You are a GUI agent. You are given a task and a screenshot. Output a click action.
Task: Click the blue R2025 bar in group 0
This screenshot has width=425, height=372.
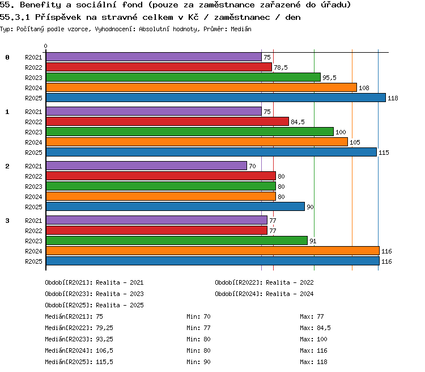coord(216,98)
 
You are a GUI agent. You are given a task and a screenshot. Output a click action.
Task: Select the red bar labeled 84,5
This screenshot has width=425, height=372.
coord(167,121)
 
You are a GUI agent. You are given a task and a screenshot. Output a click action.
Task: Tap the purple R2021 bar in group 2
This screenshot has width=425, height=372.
coord(146,166)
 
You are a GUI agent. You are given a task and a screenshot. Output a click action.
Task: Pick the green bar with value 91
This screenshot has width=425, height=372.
coord(177,240)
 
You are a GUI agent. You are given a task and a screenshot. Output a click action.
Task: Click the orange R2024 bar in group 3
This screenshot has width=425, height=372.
coord(212,251)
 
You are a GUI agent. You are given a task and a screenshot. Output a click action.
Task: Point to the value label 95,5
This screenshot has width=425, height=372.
coord(329,78)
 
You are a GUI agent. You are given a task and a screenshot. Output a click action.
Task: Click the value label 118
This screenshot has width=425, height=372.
coord(393,98)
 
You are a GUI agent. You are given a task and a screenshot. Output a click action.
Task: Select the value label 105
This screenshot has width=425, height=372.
coord(355,142)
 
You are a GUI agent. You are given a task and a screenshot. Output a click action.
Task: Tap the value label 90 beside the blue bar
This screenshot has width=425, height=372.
coord(310,207)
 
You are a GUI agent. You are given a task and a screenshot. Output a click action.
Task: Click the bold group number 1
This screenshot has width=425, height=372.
coord(7,112)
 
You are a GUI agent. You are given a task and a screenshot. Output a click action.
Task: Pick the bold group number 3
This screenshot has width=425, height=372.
coord(7,221)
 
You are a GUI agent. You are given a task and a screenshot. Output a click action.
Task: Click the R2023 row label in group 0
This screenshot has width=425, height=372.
coord(33,78)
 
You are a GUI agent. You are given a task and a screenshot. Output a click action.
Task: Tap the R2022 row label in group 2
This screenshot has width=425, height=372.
coord(33,176)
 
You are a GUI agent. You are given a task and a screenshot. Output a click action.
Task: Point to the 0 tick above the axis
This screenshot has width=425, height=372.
coord(45,46)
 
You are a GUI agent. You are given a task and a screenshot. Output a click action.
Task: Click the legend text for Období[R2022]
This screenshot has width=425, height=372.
coord(264,282)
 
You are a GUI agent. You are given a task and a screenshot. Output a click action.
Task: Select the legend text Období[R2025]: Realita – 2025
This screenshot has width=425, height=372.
coord(94,305)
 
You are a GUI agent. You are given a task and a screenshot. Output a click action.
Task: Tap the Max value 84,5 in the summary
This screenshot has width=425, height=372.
coord(324,328)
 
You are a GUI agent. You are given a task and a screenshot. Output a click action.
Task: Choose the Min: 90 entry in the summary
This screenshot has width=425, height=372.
coord(198,362)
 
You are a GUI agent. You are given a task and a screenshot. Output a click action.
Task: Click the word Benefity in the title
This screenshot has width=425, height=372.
coord(41,5)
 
